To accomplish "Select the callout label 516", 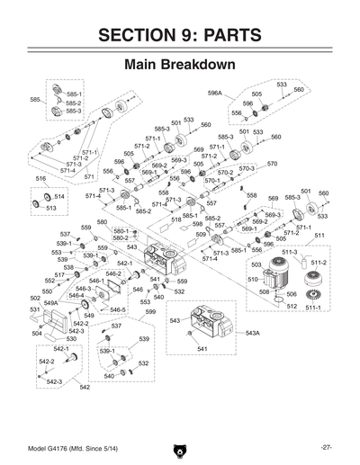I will pos(40,179).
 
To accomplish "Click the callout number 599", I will pos(150,311).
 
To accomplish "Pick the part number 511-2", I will pos(319,263).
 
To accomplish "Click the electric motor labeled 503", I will pos(270,270).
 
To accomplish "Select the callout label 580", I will pos(102,221).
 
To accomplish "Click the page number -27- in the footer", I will pos(326,447).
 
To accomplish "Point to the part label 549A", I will pos(51,303).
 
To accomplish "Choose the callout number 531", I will pos(35,309).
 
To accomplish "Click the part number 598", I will pos(197,224).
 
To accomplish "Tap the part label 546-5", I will pos(118,309).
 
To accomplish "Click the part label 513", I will pos(51,208).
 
